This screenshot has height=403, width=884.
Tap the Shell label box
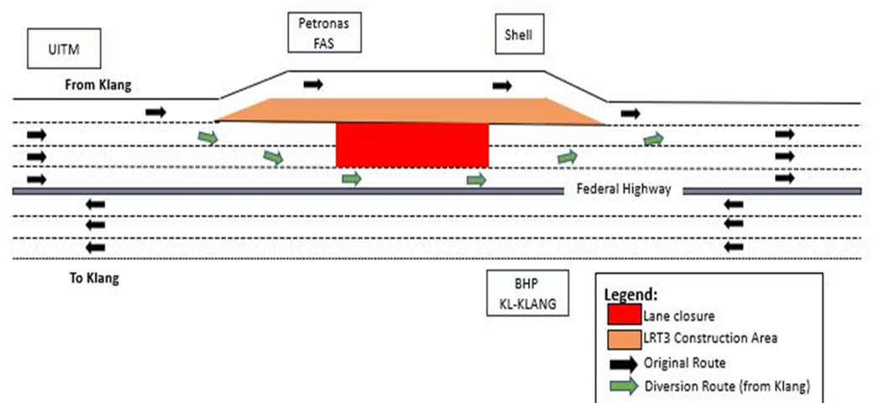(x=519, y=37)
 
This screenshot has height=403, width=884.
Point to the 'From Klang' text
(x=99, y=85)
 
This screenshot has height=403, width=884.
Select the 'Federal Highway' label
(x=623, y=190)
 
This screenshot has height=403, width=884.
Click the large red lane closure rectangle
(x=411, y=145)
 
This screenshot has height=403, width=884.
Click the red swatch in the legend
(x=623, y=315)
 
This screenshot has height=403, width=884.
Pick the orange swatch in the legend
(x=623, y=338)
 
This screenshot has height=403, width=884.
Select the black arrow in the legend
(x=623, y=363)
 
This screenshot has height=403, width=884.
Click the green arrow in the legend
(x=623, y=387)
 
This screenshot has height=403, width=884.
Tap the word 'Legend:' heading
(x=629, y=295)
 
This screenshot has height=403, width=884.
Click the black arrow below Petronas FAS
(x=312, y=84)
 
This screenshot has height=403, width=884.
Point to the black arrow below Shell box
(x=502, y=85)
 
